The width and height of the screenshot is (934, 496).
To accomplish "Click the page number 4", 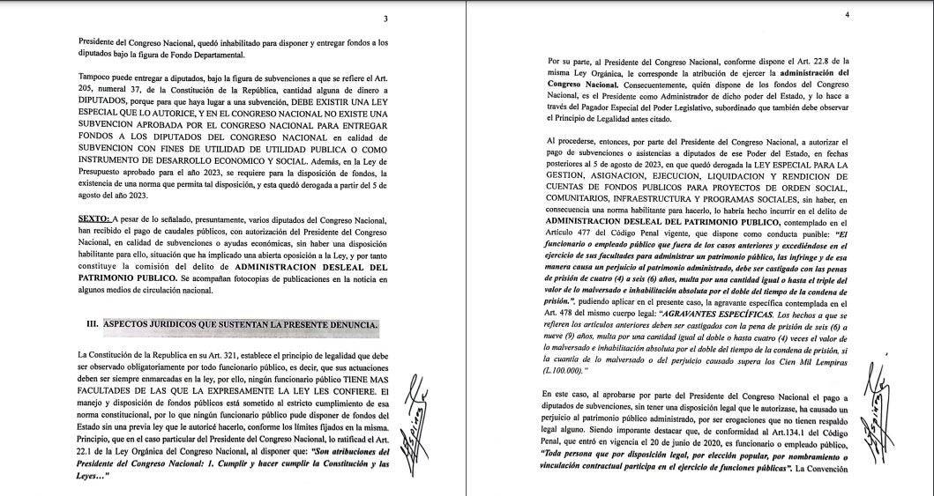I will [847, 15].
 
